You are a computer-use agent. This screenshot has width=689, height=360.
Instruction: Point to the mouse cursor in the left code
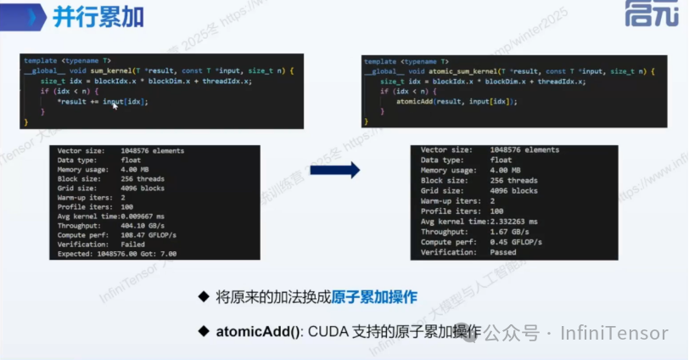click(x=114, y=104)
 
